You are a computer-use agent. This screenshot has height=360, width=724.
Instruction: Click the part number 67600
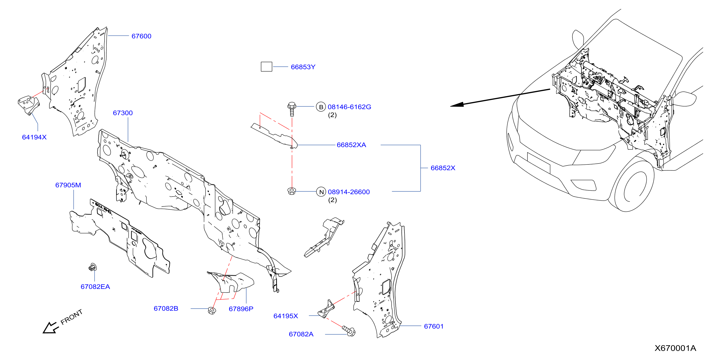[x=141, y=36]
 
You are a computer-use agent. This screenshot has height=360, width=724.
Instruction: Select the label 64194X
[x=34, y=137]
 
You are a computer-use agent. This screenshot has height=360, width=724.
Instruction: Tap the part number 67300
[x=123, y=113]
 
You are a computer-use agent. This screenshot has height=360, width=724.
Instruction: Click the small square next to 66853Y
[x=266, y=67]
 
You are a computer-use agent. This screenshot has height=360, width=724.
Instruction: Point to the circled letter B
[x=321, y=107]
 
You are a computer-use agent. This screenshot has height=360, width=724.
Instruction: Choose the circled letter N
[x=321, y=192]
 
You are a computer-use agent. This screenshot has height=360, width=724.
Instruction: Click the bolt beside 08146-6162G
[x=292, y=109]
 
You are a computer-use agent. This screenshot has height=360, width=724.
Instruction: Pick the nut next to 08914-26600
[x=292, y=191]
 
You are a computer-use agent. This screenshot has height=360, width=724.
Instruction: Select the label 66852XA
[x=351, y=145]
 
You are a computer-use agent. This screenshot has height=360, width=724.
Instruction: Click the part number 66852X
[x=443, y=168]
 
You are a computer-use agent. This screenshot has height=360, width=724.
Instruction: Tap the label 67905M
[x=68, y=185]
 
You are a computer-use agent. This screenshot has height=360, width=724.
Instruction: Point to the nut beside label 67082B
[x=212, y=311]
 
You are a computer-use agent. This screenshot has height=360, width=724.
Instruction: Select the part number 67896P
[x=241, y=309]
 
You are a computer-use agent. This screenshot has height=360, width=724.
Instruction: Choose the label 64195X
[x=286, y=316]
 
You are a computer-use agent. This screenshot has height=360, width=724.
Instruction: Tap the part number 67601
[x=434, y=326]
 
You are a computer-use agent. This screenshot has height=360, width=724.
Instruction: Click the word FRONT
[x=72, y=317]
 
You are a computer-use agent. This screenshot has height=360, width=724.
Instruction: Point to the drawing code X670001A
[x=675, y=348]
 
